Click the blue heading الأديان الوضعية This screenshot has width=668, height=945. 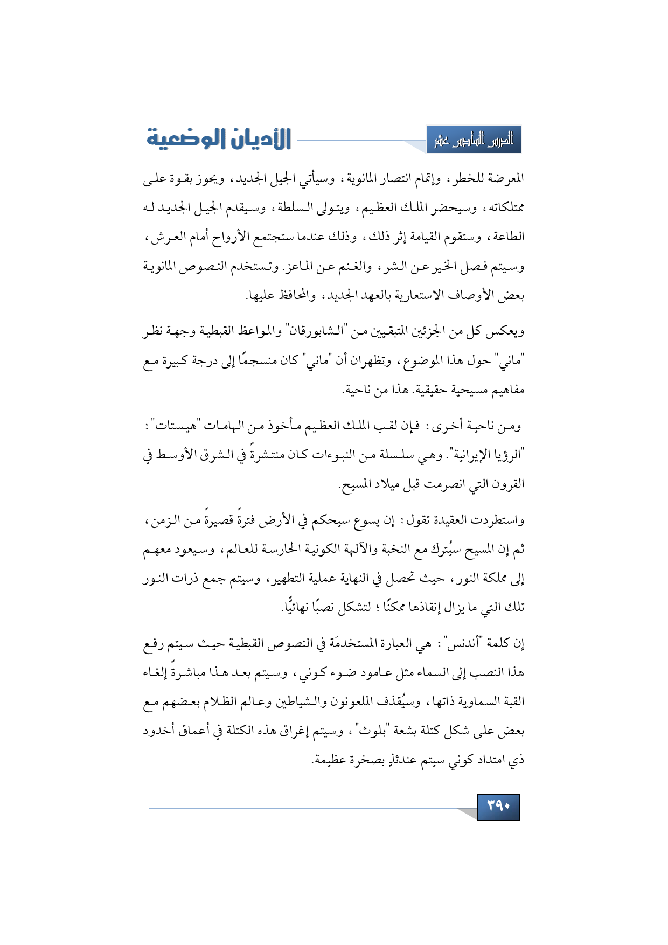219,140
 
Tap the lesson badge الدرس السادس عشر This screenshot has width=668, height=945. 474,140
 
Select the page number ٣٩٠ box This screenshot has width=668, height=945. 498,807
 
